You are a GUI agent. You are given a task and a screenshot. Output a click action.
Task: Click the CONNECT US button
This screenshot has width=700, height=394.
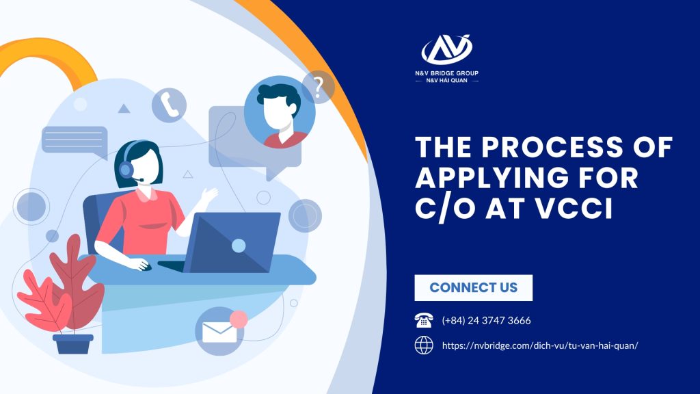(x=473, y=288)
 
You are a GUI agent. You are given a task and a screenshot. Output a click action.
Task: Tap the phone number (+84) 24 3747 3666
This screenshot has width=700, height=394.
(x=486, y=320)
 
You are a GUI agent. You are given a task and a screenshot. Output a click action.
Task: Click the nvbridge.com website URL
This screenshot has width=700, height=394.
(x=540, y=345)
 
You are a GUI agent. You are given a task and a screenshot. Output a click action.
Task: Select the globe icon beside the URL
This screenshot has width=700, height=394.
(x=424, y=345)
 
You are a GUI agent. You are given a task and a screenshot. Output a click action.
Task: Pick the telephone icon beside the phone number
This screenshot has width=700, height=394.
(x=424, y=320)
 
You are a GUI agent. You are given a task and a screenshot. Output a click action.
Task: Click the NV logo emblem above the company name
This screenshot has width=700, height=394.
(x=446, y=49)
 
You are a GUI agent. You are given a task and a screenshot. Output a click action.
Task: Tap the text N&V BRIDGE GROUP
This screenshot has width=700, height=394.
(x=446, y=73)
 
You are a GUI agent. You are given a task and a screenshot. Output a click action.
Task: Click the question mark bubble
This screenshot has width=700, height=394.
(x=318, y=87)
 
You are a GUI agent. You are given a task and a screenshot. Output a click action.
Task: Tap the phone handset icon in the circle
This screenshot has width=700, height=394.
(x=169, y=105)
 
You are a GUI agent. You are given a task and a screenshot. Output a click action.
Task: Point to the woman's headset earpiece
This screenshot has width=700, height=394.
(x=126, y=170)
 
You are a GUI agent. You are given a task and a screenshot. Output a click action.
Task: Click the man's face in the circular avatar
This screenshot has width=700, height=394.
(x=280, y=111)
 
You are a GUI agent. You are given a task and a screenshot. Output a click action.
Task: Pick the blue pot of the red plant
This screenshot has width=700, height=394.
(x=73, y=344)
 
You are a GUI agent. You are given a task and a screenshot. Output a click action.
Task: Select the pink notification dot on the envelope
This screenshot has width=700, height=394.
(x=239, y=319)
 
